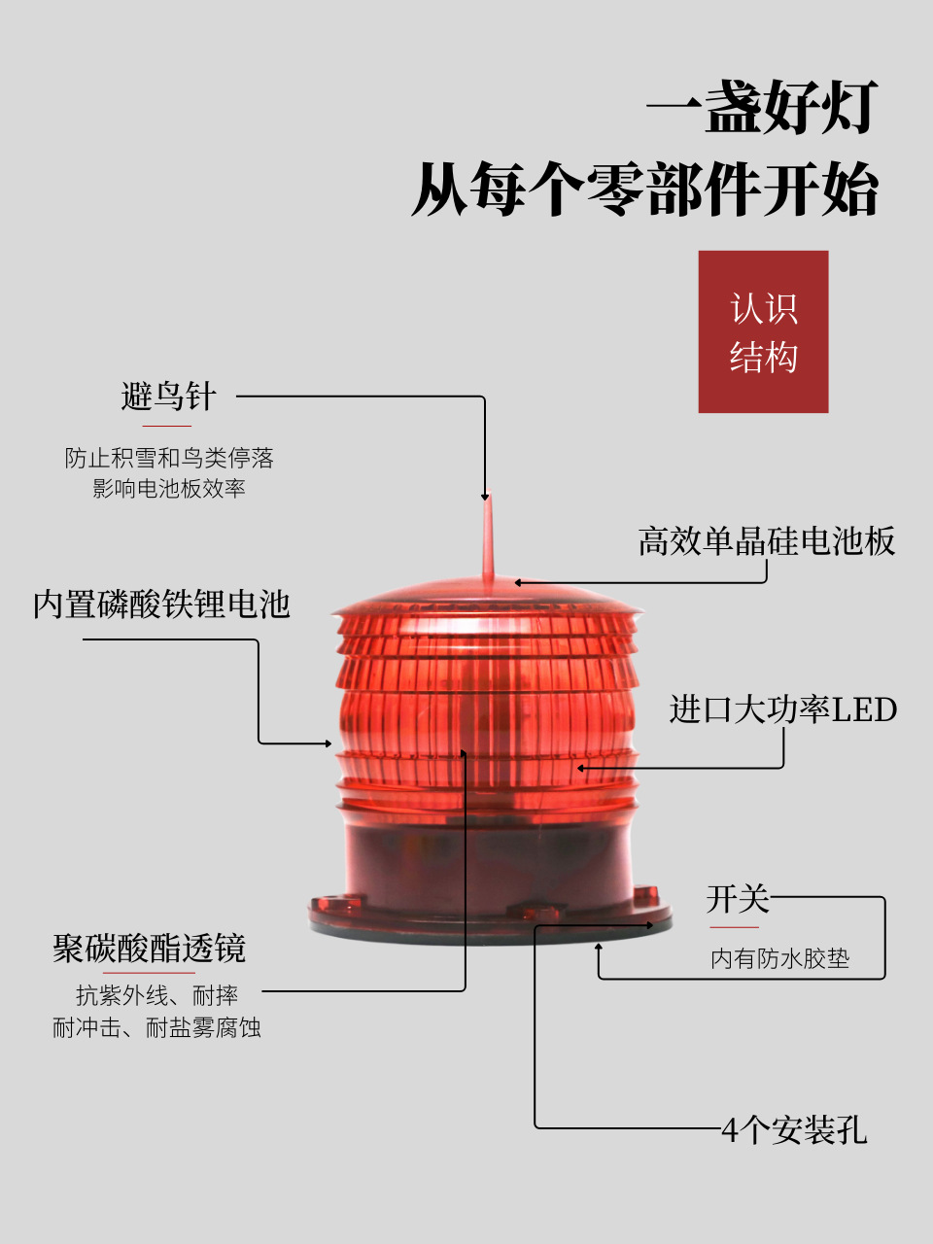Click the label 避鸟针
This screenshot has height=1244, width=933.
(x=168, y=397)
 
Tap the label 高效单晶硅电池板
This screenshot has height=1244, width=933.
(x=766, y=541)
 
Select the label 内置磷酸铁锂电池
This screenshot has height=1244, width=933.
(x=161, y=605)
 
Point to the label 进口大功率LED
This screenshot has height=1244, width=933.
(x=782, y=709)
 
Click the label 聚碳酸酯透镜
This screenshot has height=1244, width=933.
(x=149, y=948)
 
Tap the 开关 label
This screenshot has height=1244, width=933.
(x=737, y=899)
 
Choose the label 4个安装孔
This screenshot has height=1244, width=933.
(x=793, y=1130)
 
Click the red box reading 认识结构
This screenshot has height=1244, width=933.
(x=763, y=331)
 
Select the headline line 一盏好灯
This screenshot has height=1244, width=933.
(x=763, y=106)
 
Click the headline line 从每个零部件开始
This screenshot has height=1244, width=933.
(x=645, y=189)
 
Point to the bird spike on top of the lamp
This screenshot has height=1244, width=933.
(x=487, y=539)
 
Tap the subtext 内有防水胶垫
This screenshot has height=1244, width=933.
(x=779, y=959)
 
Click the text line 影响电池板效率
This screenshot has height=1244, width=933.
(x=168, y=489)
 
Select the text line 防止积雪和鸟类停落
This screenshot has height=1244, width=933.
(x=168, y=458)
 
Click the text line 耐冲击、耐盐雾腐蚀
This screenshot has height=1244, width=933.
(x=156, y=1027)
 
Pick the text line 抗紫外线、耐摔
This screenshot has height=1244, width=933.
(x=156, y=995)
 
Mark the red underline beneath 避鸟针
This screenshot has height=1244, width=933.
(x=166, y=426)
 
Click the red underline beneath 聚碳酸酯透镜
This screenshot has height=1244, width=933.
(x=149, y=972)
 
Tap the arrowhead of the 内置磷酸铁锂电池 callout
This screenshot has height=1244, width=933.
(x=328, y=743)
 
